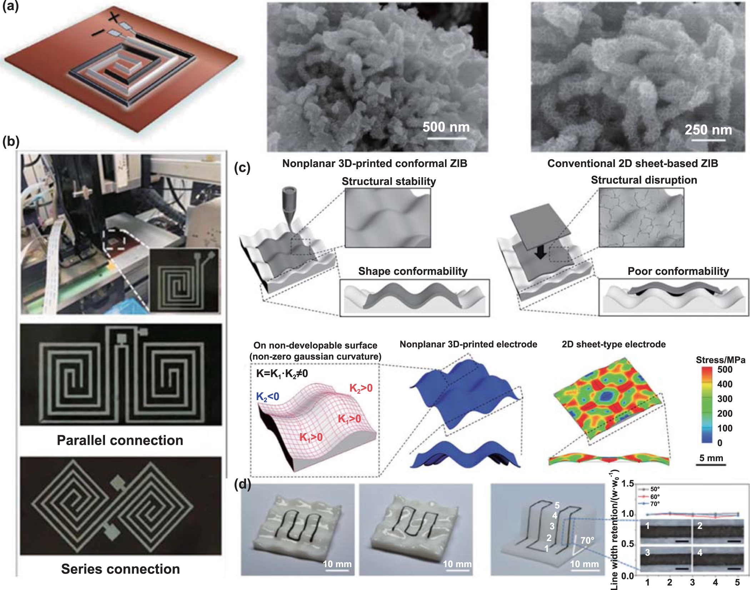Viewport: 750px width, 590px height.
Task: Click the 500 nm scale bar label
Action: (x=446, y=127)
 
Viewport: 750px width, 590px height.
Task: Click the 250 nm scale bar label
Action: (x=708, y=130)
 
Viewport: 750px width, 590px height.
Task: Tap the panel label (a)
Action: (x=10, y=6)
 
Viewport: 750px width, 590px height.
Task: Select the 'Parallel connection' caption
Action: (x=120, y=440)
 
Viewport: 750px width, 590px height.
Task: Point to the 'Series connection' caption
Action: (x=120, y=569)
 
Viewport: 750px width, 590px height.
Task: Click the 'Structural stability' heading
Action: (x=389, y=181)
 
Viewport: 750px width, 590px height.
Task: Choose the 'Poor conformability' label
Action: (x=678, y=271)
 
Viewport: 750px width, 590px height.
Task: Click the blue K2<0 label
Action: (x=267, y=397)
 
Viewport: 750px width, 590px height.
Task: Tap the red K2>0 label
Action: (x=361, y=388)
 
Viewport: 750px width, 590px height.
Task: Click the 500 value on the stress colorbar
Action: (x=725, y=369)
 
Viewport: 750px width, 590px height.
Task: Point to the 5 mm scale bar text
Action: (x=711, y=458)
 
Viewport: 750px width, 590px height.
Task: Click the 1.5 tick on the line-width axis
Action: (x=627, y=484)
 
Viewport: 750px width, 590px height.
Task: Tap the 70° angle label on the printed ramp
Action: (x=587, y=540)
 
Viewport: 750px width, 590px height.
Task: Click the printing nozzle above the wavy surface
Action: (x=290, y=203)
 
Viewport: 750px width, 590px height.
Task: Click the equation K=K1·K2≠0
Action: (x=282, y=374)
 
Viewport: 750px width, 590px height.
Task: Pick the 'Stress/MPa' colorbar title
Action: (x=720, y=360)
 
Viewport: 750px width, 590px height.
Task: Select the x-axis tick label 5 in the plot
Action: (x=737, y=583)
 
